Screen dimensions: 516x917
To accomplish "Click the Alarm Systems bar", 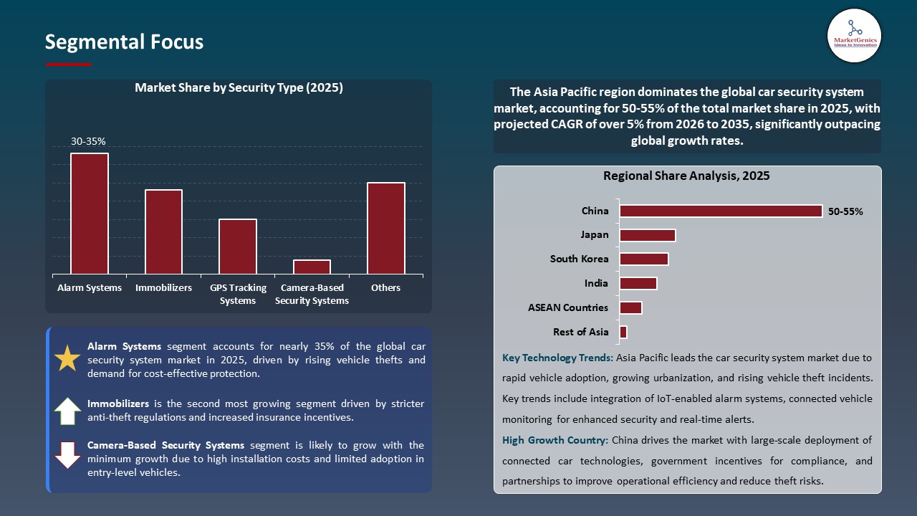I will click(x=90, y=214).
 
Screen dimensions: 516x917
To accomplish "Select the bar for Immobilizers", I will click(x=163, y=231).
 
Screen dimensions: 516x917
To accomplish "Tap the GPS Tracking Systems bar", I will click(x=238, y=246).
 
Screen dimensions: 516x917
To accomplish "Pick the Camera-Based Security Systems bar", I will click(x=312, y=267).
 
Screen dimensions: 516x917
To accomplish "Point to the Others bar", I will click(x=386, y=228).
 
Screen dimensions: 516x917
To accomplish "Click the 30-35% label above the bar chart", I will click(x=88, y=142).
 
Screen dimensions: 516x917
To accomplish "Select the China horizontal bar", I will click(x=721, y=211).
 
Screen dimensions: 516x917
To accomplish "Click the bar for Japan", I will click(x=648, y=235).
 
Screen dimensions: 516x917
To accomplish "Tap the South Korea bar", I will click(x=644, y=259).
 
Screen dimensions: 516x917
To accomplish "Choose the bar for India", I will click(x=638, y=283).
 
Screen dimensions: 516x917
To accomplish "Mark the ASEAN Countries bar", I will click(x=630, y=307).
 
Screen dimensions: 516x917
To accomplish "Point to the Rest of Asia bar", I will click(x=623, y=332).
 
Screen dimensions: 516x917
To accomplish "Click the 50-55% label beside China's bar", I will click(x=845, y=212).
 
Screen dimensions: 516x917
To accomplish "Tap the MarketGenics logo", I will click(x=854, y=35).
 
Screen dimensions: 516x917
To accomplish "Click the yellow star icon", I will click(x=67, y=358).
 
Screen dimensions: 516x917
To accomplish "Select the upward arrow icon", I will click(x=67, y=411).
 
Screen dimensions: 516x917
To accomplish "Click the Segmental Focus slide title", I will click(x=124, y=42).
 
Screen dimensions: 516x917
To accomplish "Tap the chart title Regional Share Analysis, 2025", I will click(x=686, y=176).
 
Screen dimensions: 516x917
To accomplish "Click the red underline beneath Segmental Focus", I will click(x=68, y=64).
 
